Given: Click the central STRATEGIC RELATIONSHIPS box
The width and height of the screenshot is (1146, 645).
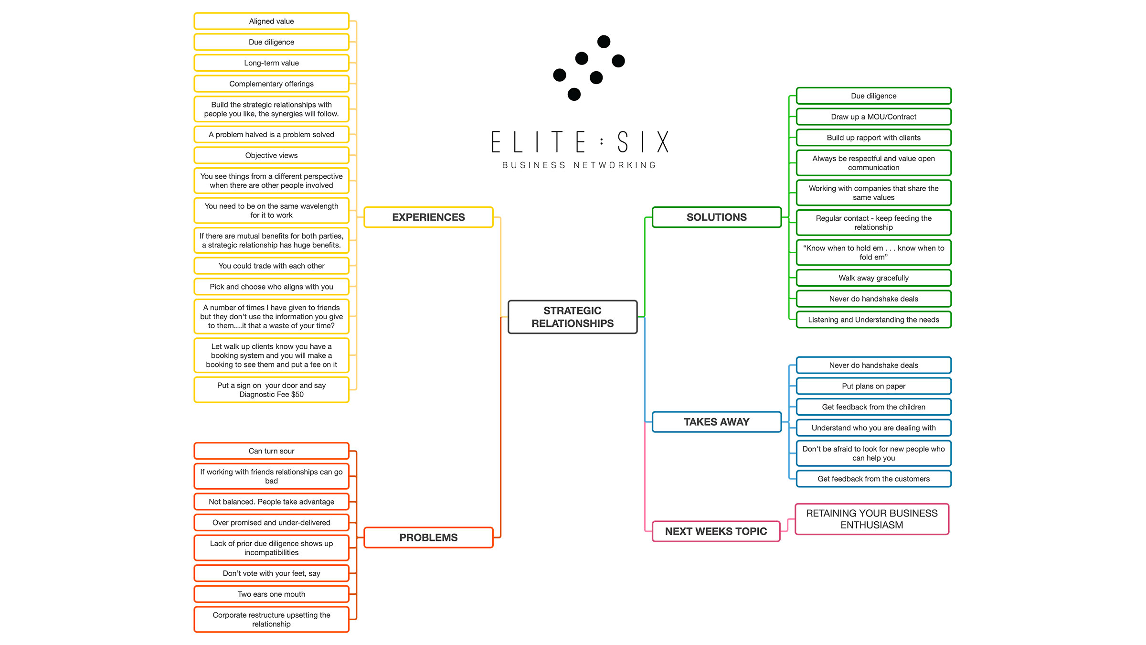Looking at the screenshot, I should click(x=572, y=317).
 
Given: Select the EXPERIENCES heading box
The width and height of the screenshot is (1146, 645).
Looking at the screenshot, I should click(x=428, y=217).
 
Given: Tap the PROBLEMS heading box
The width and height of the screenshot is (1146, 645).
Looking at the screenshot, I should click(x=428, y=537).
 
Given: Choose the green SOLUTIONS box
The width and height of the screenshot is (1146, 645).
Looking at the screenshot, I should click(x=716, y=217).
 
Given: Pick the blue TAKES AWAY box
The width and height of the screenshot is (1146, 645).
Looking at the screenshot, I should click(x=716, y=422).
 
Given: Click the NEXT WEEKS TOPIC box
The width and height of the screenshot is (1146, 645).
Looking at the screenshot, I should click(x=715, y=531).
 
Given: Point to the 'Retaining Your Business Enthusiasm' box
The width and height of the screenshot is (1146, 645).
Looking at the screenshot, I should click(x=871, y=519).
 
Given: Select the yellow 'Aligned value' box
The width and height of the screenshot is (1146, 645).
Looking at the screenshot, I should click(x=271, y=21).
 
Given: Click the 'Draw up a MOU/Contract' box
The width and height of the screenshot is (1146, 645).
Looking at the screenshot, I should click(x=873, y=117).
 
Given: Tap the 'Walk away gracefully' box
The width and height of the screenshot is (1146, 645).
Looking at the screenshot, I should click(x=873, y=278).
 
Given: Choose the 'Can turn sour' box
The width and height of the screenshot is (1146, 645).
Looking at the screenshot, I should click(x=271, y=451).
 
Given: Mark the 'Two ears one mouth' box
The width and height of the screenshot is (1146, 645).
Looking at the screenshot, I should click(x=271, y=594).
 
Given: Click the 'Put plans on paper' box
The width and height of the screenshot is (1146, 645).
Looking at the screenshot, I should click(x=873, y=386).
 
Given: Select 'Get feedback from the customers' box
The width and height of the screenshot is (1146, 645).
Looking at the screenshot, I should click(x=873, y=479).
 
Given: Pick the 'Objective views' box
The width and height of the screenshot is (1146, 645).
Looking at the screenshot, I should click(x=271, y=155).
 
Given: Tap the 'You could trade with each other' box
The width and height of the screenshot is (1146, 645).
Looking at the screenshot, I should click(x=271, y=266).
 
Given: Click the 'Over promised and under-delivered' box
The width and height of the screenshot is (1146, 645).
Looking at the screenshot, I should click(x=271, y=523).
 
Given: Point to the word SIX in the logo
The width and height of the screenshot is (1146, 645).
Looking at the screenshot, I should click(x=643, y=142).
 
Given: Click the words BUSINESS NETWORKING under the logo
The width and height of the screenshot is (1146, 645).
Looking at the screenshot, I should click(x=579, y=165).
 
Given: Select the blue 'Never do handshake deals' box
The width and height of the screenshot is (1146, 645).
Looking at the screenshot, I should click(x=873, y=365).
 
